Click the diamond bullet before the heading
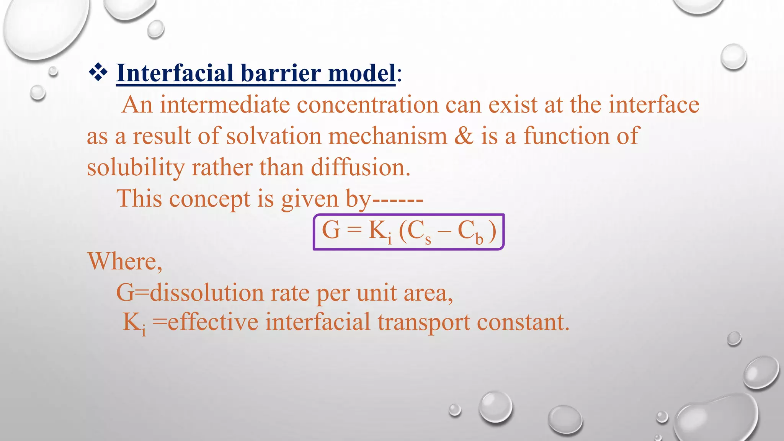(x=98, y=73)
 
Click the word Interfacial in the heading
(x=175, y=73)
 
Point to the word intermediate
(x=225, y=105)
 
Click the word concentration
(x=367, y=105)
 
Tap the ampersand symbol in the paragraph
(x=464, y=136)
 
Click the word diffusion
(x=360, y=168)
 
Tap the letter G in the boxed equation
(x=331, y=230)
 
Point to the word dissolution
(x=207, y=293)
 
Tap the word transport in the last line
(x=423, y=322)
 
